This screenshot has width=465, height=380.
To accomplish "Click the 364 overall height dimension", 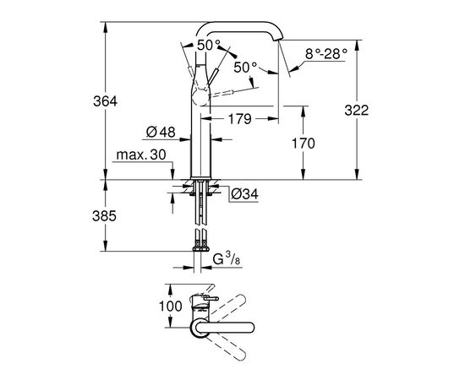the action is point(106,101).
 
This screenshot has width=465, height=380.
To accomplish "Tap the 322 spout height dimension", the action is point(357,110).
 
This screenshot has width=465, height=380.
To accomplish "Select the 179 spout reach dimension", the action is point(239,119).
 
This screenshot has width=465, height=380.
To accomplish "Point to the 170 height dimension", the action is point(303,144).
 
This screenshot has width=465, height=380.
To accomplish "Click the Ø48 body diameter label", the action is point(161,132).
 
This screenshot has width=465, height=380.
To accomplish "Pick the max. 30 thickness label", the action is point(141,155).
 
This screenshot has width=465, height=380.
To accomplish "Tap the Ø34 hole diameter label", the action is point(244,194).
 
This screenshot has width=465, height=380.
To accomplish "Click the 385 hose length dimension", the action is point(104,216).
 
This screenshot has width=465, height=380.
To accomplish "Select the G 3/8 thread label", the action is point(227,259).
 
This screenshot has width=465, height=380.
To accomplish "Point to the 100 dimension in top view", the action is point(171,306).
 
